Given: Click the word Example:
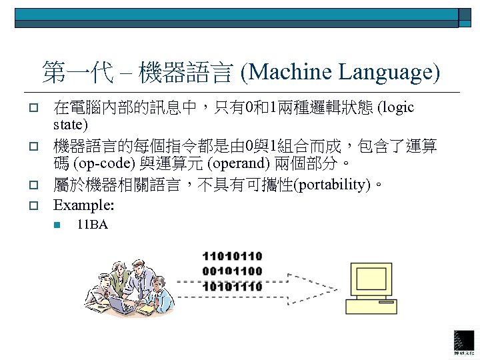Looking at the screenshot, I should (84, 204).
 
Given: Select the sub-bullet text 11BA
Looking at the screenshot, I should (92, 225).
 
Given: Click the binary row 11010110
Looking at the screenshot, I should (232, 256).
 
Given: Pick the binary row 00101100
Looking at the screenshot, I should (232, 271).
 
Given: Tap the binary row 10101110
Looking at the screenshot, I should (232, 287).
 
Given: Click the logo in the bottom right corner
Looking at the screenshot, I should (464, 341).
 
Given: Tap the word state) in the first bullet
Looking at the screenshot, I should (71, 125).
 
